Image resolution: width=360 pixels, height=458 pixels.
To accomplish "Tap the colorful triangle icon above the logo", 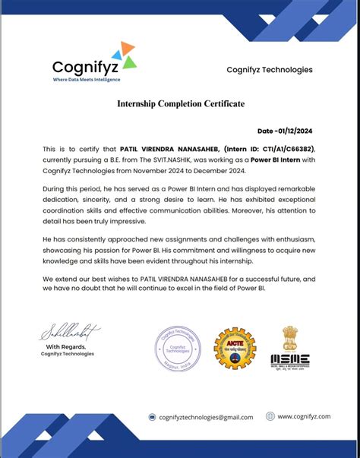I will click(x=123, y=53).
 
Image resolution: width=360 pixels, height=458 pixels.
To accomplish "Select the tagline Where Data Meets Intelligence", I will click(x=86, y=79).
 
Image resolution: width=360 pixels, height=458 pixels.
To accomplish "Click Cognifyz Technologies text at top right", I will click(x=269, y=70).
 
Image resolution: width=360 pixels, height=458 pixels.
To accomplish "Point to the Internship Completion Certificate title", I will click(x=180, y=103).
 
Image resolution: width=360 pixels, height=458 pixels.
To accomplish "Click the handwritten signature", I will click(x=69, y=332).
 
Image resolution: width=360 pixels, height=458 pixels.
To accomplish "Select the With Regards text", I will click(x=69, y=346).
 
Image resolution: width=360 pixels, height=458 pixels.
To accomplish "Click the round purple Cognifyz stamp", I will click(x=176, y=346).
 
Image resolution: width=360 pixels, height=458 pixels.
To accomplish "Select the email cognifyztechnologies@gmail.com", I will click(x=206, y=417).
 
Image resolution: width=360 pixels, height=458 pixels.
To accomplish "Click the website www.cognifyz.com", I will click(x=304, y=416).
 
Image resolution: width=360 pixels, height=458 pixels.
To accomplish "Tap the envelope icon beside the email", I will click(x=152, y=417).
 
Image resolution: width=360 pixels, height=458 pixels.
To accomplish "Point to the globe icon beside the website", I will click(x=270, y=416).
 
